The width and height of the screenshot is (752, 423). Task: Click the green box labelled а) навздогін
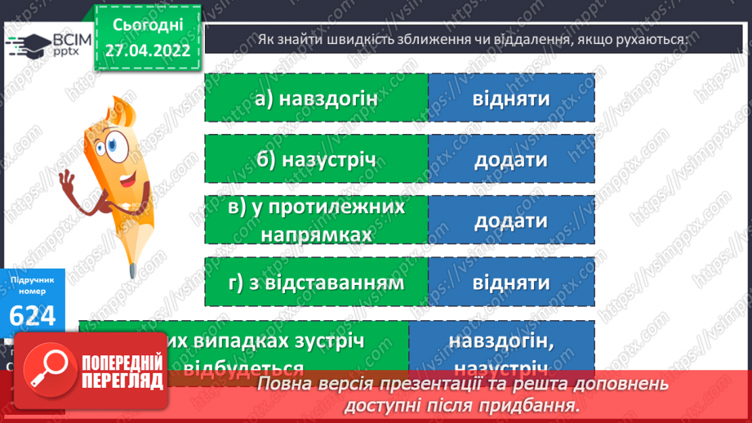pyautogui.click(x=316, y=98)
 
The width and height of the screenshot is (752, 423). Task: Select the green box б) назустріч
pyautogui.click(x=316, y=159)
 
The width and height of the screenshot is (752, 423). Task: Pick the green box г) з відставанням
pyautogui.click(x=316, y=283)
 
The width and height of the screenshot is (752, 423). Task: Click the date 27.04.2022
pyautogui.click(x=148, y=51)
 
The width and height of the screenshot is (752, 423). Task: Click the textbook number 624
pyautogui.click(x=33, y=314)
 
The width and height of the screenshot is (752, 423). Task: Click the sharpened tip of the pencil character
pyautogui.click(x=131, y=268)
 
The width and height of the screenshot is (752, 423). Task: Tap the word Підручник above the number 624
pyautogui.click(x=33, y=280)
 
